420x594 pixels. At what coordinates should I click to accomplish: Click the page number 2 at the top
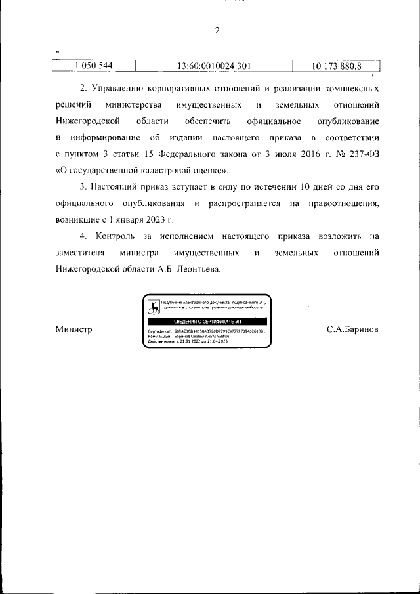(216, 30)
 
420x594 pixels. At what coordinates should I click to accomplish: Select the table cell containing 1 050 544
(94, 66)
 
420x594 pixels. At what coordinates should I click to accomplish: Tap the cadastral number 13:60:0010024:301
(215, 66)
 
